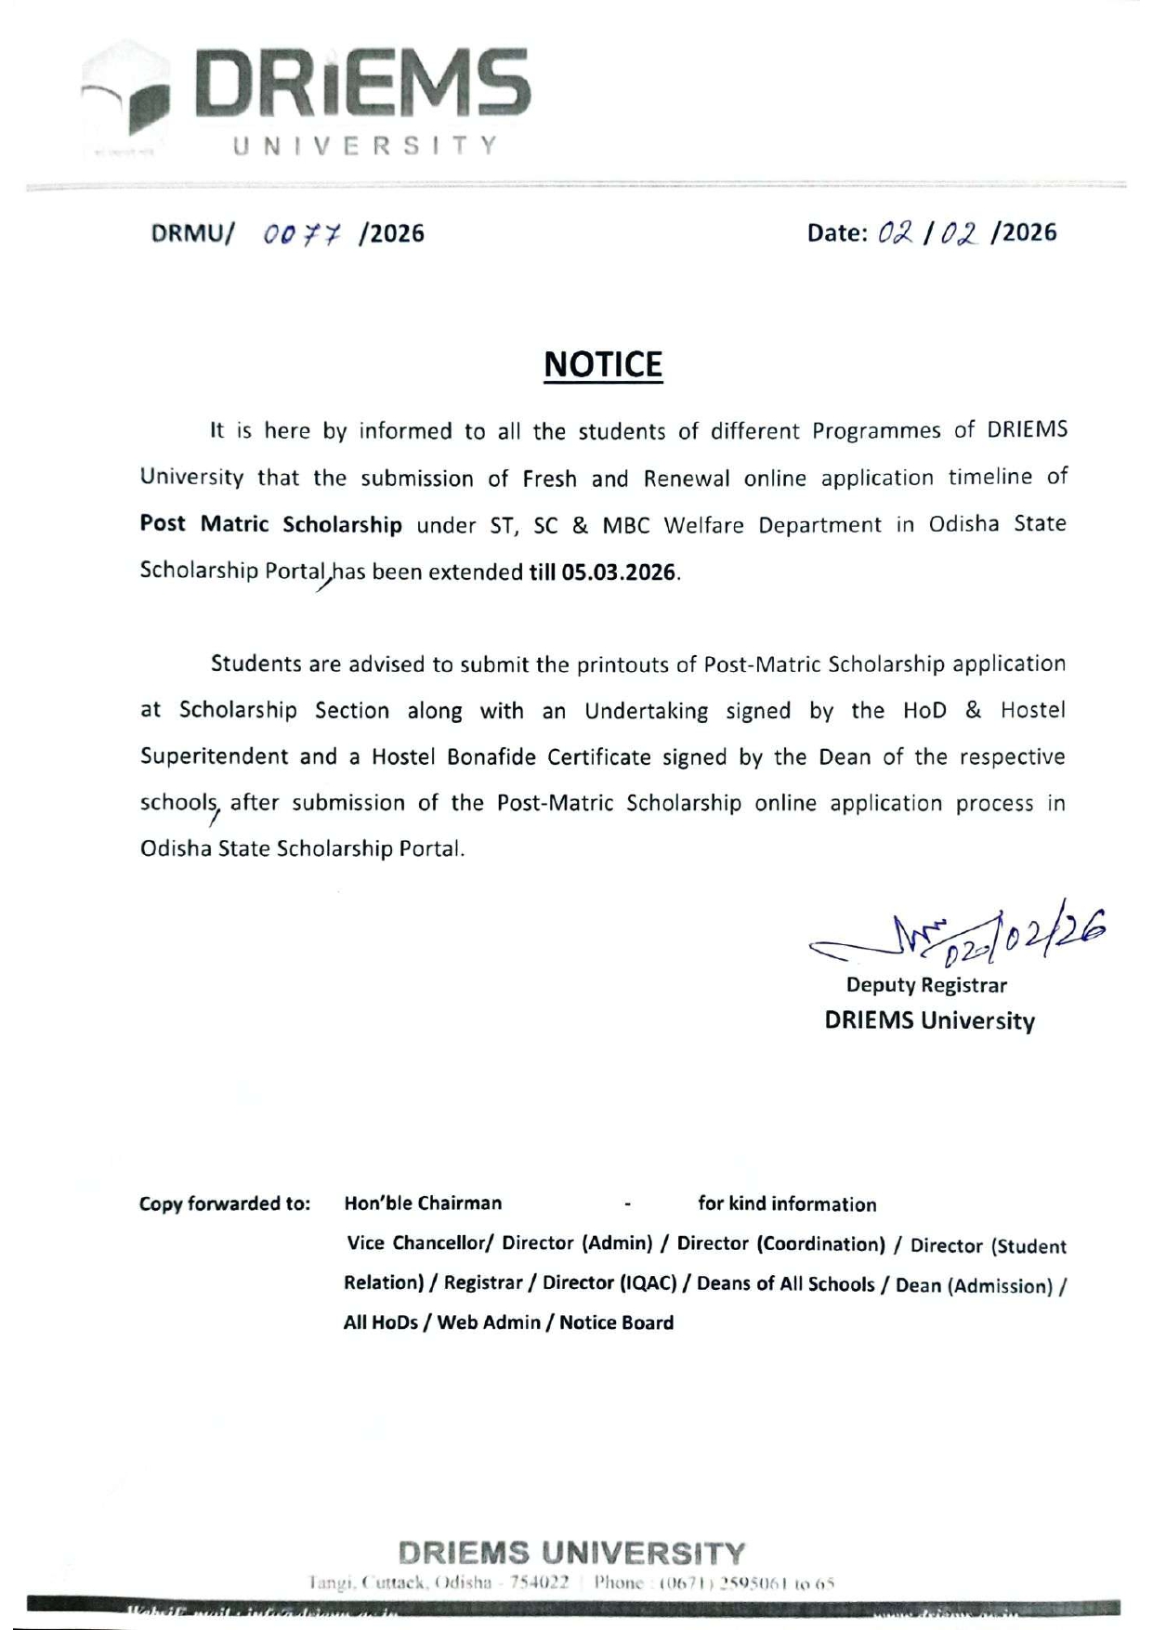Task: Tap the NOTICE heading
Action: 603,364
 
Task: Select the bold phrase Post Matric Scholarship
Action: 270,524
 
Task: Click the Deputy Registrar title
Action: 926,984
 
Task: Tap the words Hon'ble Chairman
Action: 423,1203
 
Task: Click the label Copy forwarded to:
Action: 225,1204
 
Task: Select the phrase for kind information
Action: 787,1204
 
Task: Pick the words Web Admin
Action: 489,1322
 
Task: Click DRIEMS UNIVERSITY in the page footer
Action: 572,1553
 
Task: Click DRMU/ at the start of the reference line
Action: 190,233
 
